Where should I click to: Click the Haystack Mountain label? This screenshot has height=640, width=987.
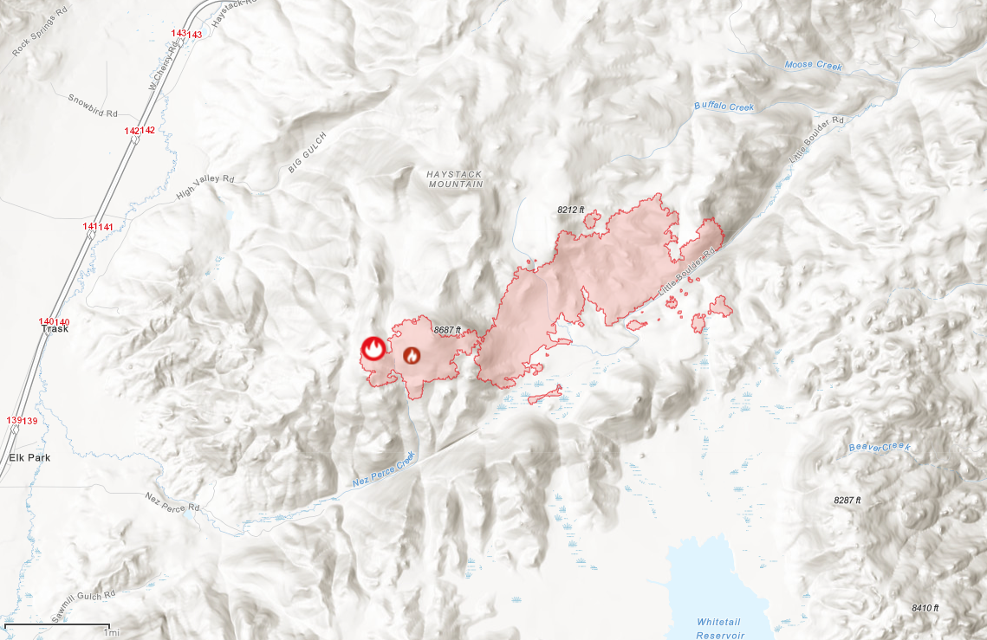click(x=453, y=179)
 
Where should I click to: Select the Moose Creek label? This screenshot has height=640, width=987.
click(x=813, y=66)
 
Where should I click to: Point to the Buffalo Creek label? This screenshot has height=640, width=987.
click(x=724, y=107)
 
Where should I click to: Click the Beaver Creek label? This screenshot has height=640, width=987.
click(x=880, y=447)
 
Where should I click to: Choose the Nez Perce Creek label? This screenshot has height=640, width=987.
click(x=384, y=470)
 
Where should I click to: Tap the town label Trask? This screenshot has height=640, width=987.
click(x=55, y=330)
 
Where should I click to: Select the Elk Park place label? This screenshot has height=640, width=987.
click(x=29, y=457)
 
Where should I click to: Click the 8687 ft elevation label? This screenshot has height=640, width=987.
click(x=447, y=330)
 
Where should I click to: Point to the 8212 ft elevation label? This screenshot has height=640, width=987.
click(x=571, y=210)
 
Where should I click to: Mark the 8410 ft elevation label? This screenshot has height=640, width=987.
click(x=925, y=608)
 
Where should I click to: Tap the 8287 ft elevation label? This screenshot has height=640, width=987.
click(x=847, y=501)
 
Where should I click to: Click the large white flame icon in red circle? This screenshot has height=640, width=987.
click(x=373, y=349)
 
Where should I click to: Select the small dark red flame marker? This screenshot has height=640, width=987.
click(x=412, y=355)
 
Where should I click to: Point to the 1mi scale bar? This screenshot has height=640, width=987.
click(x=57, y=625)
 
